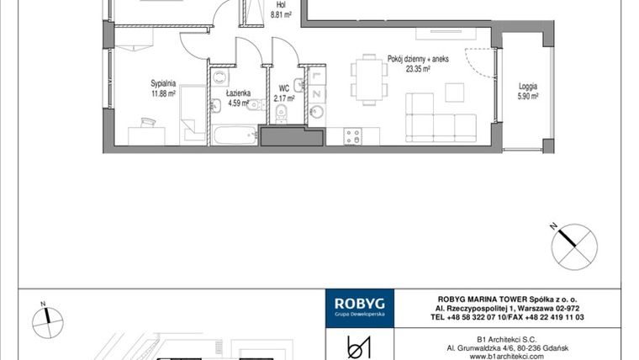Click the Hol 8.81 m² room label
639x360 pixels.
pos(280,9)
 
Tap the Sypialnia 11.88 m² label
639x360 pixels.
pos(163,88)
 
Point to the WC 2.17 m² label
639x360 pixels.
pos(283,93)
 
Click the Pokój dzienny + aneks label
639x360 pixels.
pos(418,65)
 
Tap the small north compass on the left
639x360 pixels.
pos(48,319)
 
